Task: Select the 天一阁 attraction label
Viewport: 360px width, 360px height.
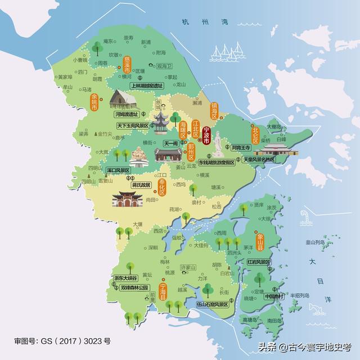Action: pos(171,144)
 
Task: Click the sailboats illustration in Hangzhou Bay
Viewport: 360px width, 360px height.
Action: pos(225,53)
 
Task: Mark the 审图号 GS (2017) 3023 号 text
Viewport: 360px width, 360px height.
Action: pos(62,341)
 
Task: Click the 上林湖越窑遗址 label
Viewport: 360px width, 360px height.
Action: pos(146,86)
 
